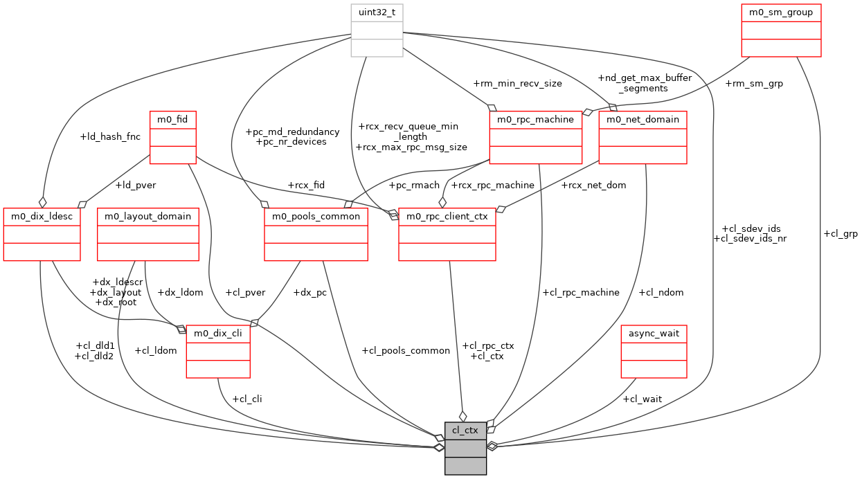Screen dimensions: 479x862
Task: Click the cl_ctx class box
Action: (x=465, y=448)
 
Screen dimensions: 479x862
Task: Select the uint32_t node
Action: (x=377, y=30)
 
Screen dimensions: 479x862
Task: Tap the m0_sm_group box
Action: (x=781, y=30)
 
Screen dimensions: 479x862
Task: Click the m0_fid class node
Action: (x=173, y=137)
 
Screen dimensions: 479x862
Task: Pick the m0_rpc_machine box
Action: (x=535, y=137)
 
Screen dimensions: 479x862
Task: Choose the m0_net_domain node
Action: (x=643, y=137)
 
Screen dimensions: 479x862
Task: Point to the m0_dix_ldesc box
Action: (x=42, y=234)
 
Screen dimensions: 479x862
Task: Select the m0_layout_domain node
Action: (x=147, y=234)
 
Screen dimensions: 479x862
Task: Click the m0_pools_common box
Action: (x=316, y=234)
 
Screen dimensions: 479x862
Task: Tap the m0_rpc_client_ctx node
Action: (x=447, y=234)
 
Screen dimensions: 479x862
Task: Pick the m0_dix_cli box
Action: (x=218, y=352)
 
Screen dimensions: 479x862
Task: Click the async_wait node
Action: (x=654, y=351)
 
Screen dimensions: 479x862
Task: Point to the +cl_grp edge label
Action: (x=840, y=234)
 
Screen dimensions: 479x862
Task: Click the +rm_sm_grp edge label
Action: (x=754, y=84)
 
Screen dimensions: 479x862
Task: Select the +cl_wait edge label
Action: (x=642, y=399)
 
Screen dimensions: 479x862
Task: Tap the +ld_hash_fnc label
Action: (x=110, y=136)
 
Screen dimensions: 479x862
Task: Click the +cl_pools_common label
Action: (x=406, y=351)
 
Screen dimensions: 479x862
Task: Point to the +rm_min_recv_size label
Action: (x=517, y=84)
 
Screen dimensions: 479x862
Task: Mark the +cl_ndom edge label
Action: (x=661, y=292)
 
